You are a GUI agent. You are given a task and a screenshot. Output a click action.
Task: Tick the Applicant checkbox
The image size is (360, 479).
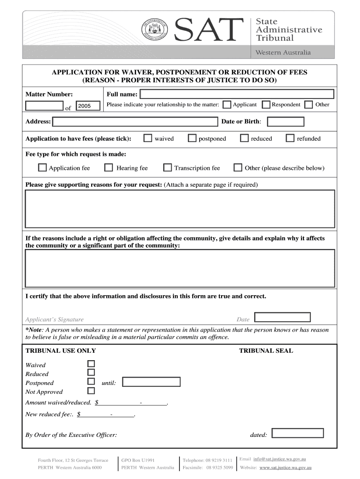coord(227,105)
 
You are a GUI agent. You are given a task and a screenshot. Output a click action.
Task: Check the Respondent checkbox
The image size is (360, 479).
coord(266,105)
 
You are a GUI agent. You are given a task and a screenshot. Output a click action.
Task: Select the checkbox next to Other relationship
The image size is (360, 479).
coord(309,105)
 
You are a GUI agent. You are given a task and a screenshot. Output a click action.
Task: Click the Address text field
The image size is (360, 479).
coord(136,122)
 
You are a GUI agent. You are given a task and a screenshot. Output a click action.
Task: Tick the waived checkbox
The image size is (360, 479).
coord(148,138)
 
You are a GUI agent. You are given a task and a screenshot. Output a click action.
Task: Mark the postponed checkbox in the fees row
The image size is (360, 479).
coord(192,138)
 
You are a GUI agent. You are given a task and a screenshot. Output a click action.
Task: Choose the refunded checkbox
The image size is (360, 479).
coord(290,138)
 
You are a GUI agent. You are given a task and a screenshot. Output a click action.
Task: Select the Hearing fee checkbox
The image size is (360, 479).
coord(108,167)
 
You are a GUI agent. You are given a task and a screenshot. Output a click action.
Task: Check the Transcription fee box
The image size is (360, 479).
coord(167,167)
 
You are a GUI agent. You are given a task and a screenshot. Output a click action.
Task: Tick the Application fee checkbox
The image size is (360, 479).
coord(43,167)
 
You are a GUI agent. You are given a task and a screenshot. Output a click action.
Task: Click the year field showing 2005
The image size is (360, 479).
coord(88,106)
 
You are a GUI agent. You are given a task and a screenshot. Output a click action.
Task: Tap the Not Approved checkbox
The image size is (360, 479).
coord(91,391)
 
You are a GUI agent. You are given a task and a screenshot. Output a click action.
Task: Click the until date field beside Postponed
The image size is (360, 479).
coord(151,382)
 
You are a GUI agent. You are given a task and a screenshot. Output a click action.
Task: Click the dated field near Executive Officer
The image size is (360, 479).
coord(297,433)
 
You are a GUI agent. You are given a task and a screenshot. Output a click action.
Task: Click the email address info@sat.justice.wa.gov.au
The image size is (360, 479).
coord(280,459)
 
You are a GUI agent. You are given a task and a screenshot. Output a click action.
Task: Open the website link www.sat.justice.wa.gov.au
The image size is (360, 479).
coord(285,468)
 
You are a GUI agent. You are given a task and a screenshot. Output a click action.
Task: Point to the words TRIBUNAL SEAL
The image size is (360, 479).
coord(266,351)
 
